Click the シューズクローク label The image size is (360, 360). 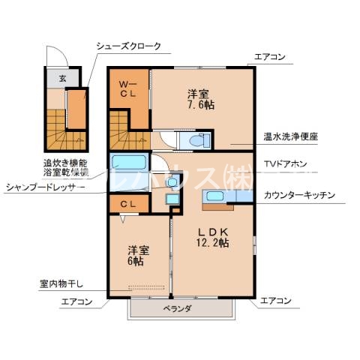pos(127,46)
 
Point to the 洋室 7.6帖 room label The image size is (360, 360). pos(199,100)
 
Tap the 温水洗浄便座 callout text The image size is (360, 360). pos(290,136)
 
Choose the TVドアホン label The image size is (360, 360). pos(284,163)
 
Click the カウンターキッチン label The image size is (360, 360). pos(299,195)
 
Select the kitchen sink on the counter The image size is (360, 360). pos(214,196)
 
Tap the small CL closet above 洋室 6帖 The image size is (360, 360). pos(127,203)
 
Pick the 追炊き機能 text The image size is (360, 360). pos(64,163)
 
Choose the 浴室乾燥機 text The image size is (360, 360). pos(64,172)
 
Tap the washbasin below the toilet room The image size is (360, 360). pos(172,181)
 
